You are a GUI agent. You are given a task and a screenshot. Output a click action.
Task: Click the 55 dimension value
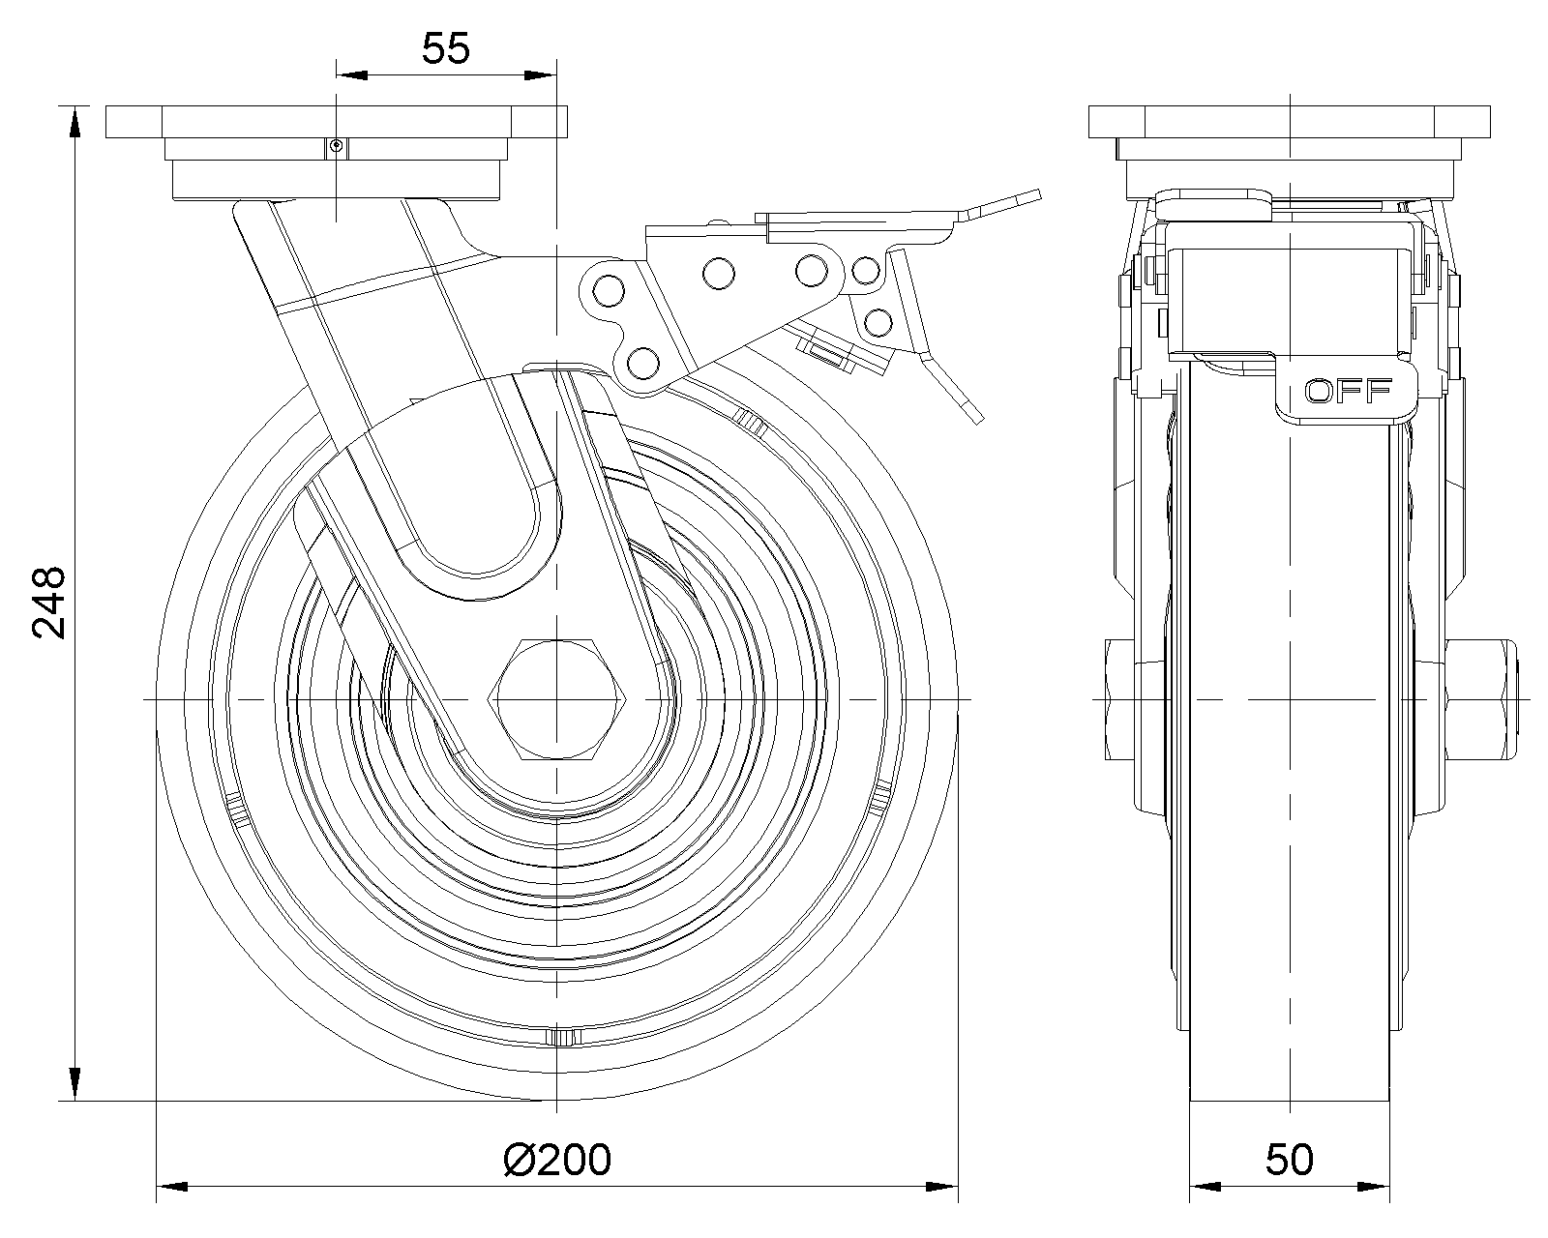[x=445, y=49]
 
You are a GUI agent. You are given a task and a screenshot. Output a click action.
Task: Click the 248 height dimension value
[x=49, y=603]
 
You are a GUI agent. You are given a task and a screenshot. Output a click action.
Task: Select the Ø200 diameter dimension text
[x=557, y=1160]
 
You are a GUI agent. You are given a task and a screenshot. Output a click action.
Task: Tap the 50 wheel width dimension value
[x=1289, y=1160]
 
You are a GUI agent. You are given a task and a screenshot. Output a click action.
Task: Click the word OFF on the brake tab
[x=1348, y=392]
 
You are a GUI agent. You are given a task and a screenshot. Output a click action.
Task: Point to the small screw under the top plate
[x=336, y=147]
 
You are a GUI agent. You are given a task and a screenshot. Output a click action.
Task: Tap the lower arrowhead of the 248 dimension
[x=74, y=1085]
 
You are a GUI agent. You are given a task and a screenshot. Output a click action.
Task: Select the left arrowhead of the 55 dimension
[x=352, y=74]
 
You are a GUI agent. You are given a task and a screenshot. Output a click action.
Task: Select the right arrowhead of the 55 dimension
[x=540, y=74]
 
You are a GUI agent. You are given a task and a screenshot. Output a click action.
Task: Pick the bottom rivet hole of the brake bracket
[x=642, y=363]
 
